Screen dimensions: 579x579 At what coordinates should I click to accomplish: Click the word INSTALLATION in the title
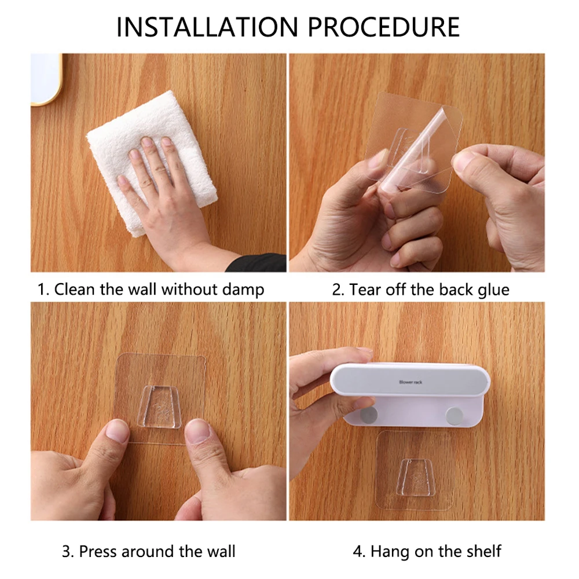[x=207, y=27]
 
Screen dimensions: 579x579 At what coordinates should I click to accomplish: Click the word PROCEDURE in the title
[x=384, y=27]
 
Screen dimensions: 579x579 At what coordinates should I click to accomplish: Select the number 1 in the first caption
[x=42, y=290]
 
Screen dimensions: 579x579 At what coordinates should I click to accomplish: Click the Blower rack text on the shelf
[x=411, y=382]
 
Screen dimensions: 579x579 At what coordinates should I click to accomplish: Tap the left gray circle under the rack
[x=368, y=415]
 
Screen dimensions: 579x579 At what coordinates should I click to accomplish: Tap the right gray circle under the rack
[x=454, y=416]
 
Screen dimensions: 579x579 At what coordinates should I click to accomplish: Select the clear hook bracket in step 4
[x=415, y=478]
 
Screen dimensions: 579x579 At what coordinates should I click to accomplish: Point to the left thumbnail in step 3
[x=118, y=431]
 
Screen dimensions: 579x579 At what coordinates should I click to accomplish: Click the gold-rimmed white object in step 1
[x=46, y=79]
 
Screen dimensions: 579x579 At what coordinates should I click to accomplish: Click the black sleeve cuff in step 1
[x=258, y=263]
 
